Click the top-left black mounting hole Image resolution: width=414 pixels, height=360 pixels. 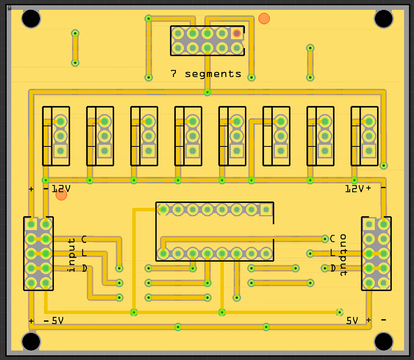point(31,19)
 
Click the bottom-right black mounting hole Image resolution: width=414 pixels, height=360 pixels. point(383,342)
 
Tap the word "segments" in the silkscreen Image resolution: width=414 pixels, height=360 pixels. point(213,74)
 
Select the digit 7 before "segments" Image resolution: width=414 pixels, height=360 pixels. point(173,73)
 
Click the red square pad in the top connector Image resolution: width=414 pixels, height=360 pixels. point(237,34)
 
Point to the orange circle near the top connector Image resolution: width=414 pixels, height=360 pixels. point(264,18)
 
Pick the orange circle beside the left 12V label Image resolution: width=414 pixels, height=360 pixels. point(61,195)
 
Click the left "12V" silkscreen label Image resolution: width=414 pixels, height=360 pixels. point(61,189)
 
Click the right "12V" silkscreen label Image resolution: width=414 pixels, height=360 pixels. point(354,189)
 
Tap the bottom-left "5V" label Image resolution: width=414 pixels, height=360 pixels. point(58,321)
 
